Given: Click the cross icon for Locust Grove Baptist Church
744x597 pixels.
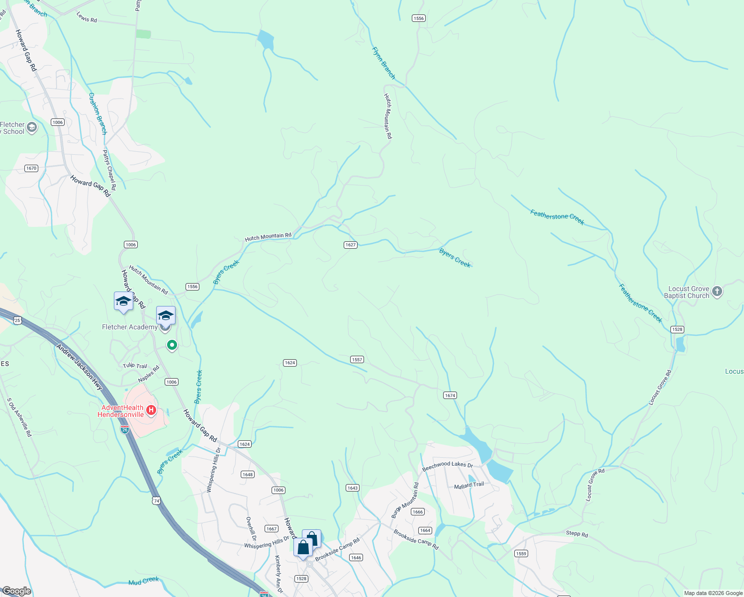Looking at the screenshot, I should [x=717, y=292].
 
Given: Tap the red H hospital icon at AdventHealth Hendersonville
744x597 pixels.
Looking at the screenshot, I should [x=152, y=410].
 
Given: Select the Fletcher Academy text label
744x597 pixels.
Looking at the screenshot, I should [x=129, y=327].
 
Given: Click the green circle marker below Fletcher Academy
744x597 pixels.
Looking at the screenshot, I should [x=172, y=344].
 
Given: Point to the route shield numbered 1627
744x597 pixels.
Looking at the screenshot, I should [x=351, y=245].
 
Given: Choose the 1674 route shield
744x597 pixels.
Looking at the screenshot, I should [x=450, y=396].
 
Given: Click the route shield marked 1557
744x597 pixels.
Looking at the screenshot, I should [x=357, y=359].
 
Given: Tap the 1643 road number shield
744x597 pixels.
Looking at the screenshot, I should [x=353, y=488].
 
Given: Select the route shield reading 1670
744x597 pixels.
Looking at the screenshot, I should [x=31, y=168].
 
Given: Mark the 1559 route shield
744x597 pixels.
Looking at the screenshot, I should [x=521, y=554].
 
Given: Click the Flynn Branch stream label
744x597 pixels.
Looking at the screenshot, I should [x=384, y=63].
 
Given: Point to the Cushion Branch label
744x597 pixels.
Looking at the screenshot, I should [x=97, y=113].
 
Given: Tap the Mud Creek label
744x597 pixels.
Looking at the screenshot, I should [x=143, y=581].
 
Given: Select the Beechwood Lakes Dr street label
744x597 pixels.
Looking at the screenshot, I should [x=447, y=466].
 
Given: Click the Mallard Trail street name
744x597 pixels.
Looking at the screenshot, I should [x=468, y=485].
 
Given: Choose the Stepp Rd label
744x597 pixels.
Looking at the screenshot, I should [x=577, y=534].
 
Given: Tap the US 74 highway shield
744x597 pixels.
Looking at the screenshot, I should [x=157, y=501].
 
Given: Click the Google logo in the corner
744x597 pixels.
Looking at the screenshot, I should [x=16, y=591].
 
